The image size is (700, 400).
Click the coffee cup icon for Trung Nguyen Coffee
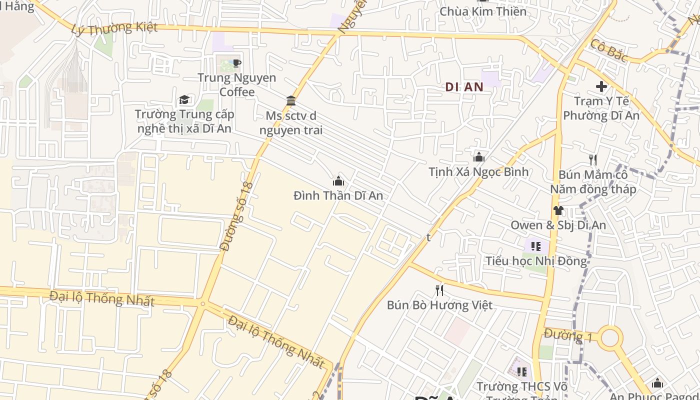(x=237, y=63)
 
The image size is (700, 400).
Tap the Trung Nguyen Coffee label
(x=237, y=85)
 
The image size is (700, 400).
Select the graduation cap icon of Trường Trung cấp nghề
(x=184, y=99)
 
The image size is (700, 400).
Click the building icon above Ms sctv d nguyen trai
(x=291, y=101)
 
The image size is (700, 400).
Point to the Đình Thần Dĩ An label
(x=338, y=195)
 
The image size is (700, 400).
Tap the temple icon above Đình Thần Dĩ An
(x=338, y=181)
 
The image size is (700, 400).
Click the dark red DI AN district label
(x=464, y=87)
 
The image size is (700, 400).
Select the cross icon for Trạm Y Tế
(x=601, y=86)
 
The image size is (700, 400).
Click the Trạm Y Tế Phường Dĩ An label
(x=601, y=108)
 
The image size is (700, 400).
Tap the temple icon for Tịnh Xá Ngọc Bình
(x=479, y=157)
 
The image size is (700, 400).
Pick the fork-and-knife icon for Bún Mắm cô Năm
(x=593, y=160)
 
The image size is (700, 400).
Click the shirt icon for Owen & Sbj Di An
(x=558, y=210)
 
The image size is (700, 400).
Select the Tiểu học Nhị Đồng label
(x=536, y=261)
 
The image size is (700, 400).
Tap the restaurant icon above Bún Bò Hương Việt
(x=439, y=290)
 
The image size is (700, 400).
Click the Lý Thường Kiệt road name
(x=114, y=28)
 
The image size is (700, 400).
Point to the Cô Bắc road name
(x=608, y=50)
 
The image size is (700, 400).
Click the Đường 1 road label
(x=568, y=335)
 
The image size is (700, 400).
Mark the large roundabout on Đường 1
(x=610, y=338)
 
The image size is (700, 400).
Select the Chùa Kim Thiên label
(x=483, y=11)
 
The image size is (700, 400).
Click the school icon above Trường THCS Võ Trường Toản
(x=522, y=372)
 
